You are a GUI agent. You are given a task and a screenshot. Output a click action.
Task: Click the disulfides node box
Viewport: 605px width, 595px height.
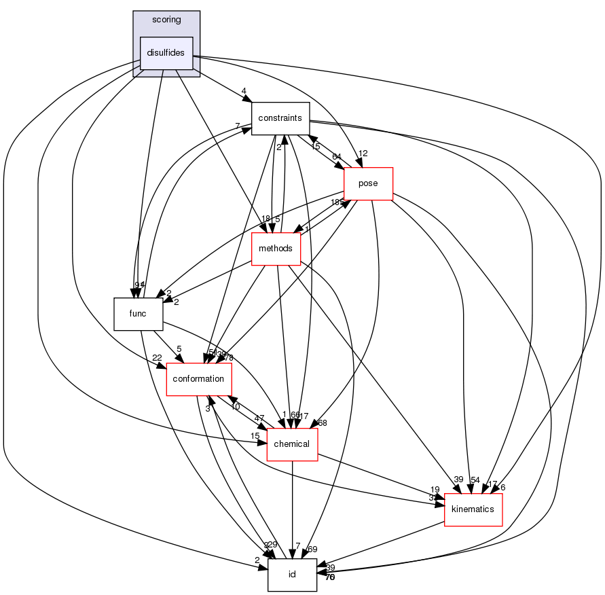pos(166,53)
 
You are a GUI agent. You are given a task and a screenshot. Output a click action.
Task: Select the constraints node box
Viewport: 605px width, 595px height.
pos(280,118)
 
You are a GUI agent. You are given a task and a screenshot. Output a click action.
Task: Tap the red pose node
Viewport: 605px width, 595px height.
pos(369,183)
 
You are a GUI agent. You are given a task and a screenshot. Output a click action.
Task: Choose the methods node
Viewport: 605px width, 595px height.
pos(276,249)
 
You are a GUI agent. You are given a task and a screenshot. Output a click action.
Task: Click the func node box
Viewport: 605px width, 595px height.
pos(139,314)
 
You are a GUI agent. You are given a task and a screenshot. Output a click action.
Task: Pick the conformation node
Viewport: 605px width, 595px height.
pos(199,379)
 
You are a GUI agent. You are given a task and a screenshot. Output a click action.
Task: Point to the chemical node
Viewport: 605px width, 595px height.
pos(292,444)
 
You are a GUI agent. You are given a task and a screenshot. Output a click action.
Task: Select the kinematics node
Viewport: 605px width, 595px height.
pos(473,509)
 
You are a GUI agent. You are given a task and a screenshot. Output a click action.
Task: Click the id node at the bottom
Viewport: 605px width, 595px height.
pos(292,575)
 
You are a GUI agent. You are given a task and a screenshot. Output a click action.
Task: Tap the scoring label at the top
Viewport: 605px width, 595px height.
pos(166,20)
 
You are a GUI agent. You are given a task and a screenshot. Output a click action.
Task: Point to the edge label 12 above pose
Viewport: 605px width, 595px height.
pos(363,154)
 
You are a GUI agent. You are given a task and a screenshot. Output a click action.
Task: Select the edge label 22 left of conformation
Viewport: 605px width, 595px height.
pos(157,358)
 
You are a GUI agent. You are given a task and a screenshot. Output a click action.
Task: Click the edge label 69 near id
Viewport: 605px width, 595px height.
pos(312,548)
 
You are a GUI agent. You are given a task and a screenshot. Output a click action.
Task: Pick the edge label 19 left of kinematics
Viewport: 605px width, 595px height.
pos(435,489)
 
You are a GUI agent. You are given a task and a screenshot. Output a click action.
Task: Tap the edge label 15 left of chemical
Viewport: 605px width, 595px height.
pos(255,435)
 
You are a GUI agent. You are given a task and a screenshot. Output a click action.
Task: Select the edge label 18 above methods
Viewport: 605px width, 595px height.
pos(266,219)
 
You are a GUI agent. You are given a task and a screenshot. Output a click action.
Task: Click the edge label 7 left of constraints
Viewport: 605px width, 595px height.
pos(238,126)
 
